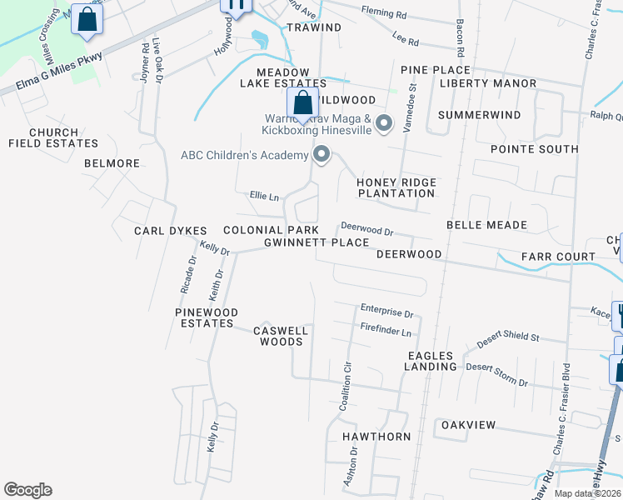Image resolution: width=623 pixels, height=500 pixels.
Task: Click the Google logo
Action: point(27,490)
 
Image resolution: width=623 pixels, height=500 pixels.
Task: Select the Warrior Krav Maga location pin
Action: point(384,123)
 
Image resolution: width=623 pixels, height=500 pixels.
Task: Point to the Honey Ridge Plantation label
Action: point(396,187)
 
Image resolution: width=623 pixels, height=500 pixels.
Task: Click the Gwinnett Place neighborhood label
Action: point(316,242)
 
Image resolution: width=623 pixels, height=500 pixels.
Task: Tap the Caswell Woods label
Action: point(281,336)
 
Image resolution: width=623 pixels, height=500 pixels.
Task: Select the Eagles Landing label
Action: point(432,361)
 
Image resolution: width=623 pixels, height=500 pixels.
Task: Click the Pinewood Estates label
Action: point(207,317)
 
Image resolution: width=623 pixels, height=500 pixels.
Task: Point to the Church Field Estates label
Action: point(53,137)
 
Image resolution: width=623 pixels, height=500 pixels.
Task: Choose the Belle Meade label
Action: point(486,225)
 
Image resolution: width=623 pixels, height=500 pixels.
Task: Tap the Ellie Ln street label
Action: point(264,197)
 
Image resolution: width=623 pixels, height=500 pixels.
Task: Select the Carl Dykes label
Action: point(165,230)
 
